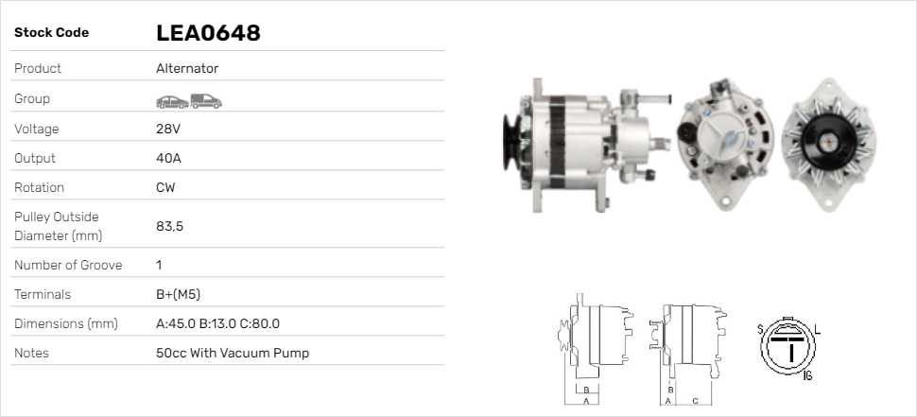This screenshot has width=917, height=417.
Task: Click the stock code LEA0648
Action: (208, 33)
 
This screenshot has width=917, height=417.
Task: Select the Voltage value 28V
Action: (168, 129)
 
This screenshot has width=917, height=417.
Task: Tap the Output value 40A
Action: (168, 159)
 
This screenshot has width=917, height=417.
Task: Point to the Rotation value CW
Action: (165, 188)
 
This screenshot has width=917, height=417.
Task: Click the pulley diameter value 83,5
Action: (169, 226)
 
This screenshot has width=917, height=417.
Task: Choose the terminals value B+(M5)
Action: (179, 294)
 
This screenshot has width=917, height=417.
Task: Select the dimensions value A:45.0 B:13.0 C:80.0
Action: (218, 323)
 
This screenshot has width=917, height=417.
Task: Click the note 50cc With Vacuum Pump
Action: (233, 354)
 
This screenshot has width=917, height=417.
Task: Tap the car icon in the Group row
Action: (172, 102)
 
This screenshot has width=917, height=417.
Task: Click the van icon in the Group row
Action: (206, 101)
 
